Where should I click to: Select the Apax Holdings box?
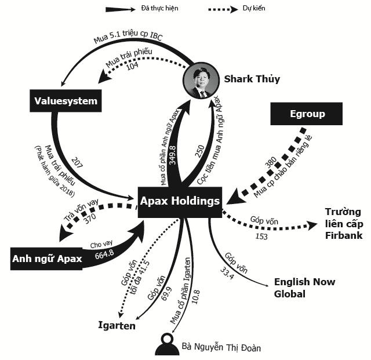(180, 202)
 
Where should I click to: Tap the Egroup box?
(307, 114)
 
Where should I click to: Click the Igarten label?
(117, 326)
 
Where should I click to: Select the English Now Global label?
(304, 288)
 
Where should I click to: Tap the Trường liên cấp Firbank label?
(343, 223)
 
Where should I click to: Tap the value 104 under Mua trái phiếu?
(132, 67)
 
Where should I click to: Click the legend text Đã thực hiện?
(160, 9)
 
